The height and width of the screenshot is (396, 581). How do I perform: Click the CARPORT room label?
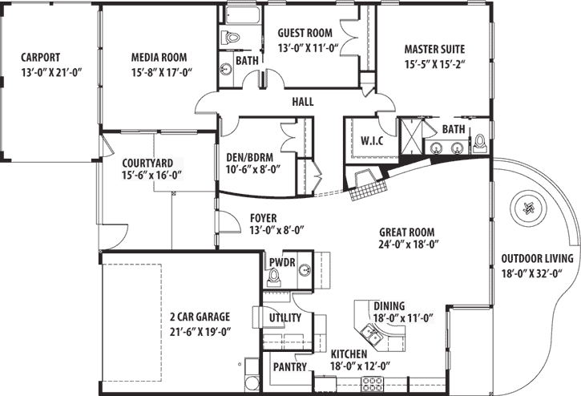pos(40,57)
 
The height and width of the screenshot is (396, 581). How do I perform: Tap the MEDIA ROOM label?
pos(159,57)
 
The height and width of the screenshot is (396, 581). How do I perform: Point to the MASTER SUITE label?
pos(434,48)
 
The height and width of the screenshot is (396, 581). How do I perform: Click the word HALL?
pos(302,102)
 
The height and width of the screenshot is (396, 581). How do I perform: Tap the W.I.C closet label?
pos(372,140)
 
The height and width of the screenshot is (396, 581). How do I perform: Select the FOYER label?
pos(264,216)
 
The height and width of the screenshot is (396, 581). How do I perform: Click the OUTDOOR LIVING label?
pos(536,258)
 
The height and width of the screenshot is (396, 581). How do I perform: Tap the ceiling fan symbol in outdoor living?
pos(527,208)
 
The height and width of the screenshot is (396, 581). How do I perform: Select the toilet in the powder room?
pos(274,277)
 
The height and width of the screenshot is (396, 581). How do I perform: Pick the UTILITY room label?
pos(284,318)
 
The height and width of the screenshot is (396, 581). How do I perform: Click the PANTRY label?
pos(289,367)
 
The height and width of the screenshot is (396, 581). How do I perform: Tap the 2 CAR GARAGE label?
pos(200,317)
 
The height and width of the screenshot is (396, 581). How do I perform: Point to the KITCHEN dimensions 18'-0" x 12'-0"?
pos(361,366)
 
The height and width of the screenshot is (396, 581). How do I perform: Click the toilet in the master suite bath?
pos(480,143)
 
